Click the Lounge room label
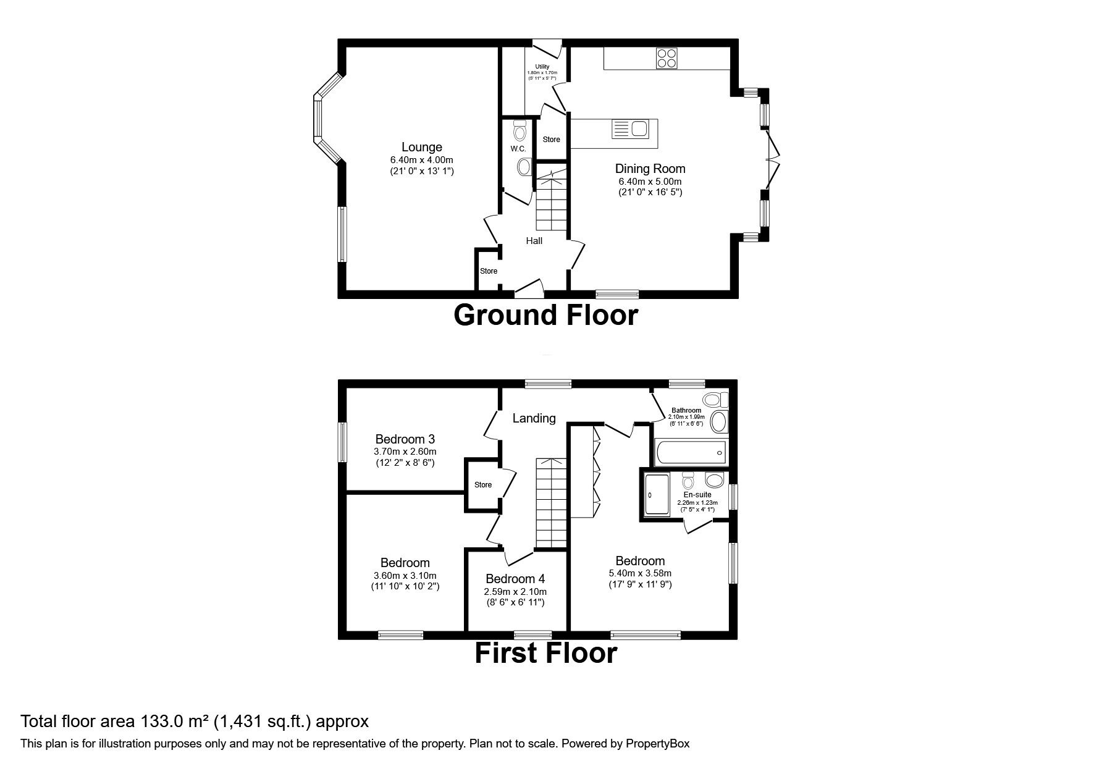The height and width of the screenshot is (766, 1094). pyautogui.click(x=421, y=147)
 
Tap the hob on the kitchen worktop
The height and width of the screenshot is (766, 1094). pyautogui.click(x=667, y=57)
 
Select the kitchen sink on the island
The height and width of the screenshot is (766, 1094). pyautogui.click(x=629, y=130)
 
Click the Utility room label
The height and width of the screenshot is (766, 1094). pyautogui.click(x=542, y=67)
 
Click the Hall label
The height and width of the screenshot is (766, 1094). pyautogui.click(x=534, y=241)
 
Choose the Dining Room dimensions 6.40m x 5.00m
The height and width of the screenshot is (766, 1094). pyautogui.click(x=650, y=181)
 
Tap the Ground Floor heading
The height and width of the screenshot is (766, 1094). pyautogui.click(x=545, y=315)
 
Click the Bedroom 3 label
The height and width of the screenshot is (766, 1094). pyautogui.click(x=405, y=439)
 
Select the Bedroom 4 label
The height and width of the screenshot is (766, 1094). pyautogui.click(x=515, y=579)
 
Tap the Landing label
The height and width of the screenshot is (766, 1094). pyautogui.click(x=534, y=418)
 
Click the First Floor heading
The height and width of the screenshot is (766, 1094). pyautogui.click(x=545, y=654)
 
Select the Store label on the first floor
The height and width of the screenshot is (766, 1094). pyautogui.click(x=482, y=485)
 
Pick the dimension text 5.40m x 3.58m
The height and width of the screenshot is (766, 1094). pyautogui.click(x=640, y=573)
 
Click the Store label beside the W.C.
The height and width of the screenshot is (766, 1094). pyautogui.click(x=551, y=140)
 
